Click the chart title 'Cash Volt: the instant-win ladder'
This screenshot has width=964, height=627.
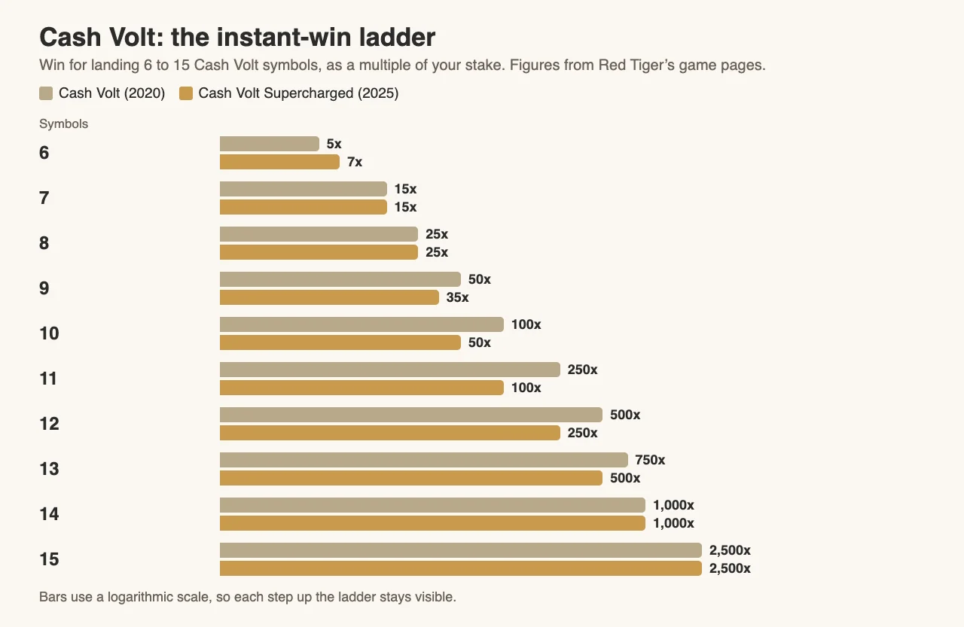[237, 37]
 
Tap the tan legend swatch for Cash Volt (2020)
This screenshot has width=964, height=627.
[46, 93]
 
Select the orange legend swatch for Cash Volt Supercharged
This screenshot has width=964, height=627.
[186, 93]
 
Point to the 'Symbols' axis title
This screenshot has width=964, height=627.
[64, 124]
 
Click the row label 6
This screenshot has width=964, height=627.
[44, 153]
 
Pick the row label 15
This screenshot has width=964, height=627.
[49, 559]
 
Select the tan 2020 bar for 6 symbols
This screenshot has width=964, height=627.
[270, 144]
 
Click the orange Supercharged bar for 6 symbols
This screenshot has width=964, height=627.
[279, 162]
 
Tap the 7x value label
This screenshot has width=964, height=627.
[355, 162]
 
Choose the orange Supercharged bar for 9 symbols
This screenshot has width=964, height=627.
[329, 297]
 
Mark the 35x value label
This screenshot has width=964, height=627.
[457, 297]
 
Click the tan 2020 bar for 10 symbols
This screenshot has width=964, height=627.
[361, 324]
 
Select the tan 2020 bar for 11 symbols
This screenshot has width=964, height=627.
[390, 370]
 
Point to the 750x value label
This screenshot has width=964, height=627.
[650, 460]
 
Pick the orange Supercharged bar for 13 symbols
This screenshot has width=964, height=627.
[411, 478]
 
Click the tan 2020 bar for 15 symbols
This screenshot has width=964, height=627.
[461, 550]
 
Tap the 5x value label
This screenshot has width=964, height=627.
[334, 144]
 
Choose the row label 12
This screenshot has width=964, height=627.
[49, 424]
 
